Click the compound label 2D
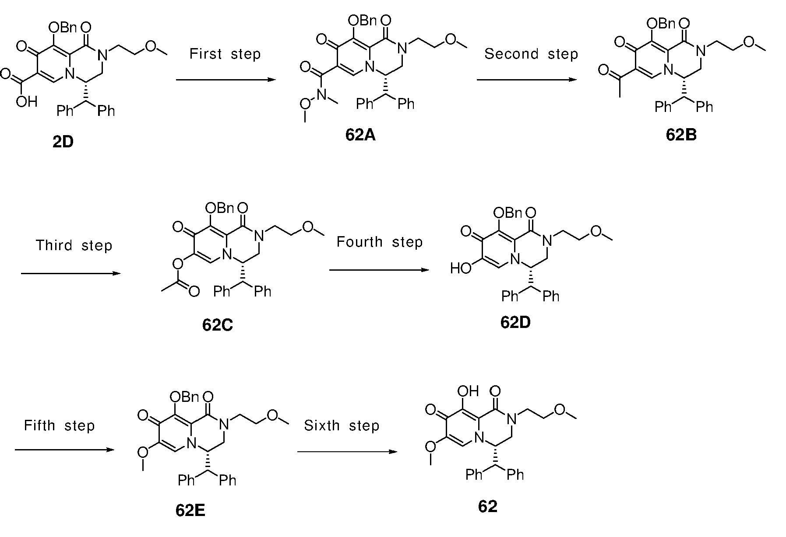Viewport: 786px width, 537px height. pyautogui.click(x=63, y=142)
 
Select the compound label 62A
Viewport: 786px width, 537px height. pyautogui.click(x=360, y=135)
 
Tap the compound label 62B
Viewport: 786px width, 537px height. pyautogui.click(x=681, y=135)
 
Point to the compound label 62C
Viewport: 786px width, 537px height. pyautogui.click(x=218, y=325)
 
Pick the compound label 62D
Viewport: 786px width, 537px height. pyautogui.click(x=515, y=322)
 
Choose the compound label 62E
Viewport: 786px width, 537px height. pyautogui.click(x=190, y=510)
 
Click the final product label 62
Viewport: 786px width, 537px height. pyautogui.click(x=488, y=506)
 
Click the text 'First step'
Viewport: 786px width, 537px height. pyautogui.click(x=225, y=54)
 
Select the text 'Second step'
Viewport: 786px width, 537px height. pyautogui.click(x=531, y=54)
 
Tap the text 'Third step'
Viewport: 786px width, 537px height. pyautogui.click(x=74, y=245)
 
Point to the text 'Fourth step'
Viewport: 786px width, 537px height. pyautogui.click(x=380, y=242)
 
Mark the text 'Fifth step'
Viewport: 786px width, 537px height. pyautogui.click(x=59, y=425)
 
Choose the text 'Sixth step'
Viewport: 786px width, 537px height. pyautogui.click(x=342, y=425)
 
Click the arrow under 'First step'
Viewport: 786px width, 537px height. pyautogui.click(x=226, y=80)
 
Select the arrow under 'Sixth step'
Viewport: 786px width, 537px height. pyautogui.click(x=347, y=451)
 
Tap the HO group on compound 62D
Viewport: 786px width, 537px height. pyautogui.click(x=461, y=268)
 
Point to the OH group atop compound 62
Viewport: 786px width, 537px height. pyautogui.click(x=468, y=391)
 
